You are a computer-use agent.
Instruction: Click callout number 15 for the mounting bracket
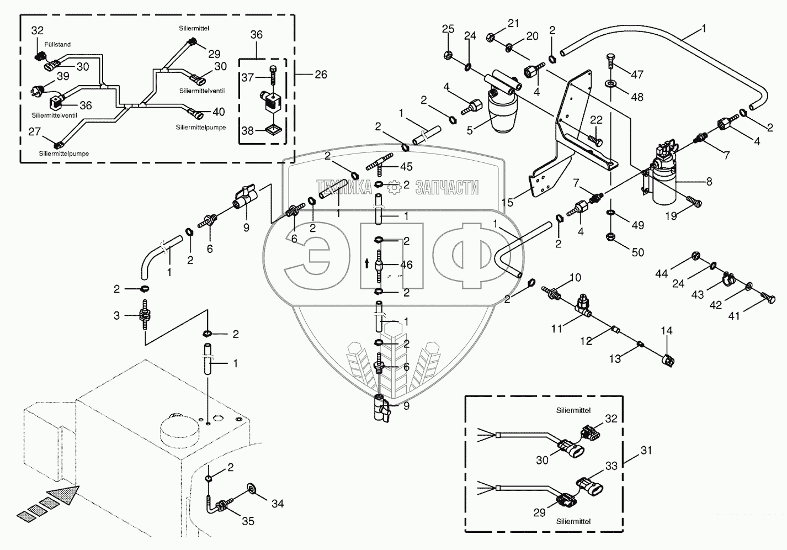(x=507, y=203)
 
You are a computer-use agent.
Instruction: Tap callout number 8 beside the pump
(x=709, y=181)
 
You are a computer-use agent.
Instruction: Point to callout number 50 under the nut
(x=637, y=252)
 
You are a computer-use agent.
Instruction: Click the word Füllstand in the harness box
(x=59, y=44)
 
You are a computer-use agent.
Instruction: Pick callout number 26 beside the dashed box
(x=320, y=74)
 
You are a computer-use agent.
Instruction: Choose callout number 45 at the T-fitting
(x=406, y=166)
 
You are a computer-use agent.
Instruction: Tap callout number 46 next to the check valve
(x=406, y=265)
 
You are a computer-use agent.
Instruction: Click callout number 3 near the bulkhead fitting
(x=116, y=315)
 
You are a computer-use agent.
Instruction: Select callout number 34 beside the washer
(x=277, y=503)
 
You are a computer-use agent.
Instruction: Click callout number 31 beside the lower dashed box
(x=646, y=451)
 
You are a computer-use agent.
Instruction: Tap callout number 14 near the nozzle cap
(x=667, y=331)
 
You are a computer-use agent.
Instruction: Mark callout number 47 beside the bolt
(x=637, y=75)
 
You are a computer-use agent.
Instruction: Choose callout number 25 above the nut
(x=448, y=29)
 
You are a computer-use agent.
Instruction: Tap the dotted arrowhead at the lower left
(x=63, y=494)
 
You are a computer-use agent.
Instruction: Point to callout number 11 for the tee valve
(x=557, y=329)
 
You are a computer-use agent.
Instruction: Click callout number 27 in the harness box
(x=35, y=131)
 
